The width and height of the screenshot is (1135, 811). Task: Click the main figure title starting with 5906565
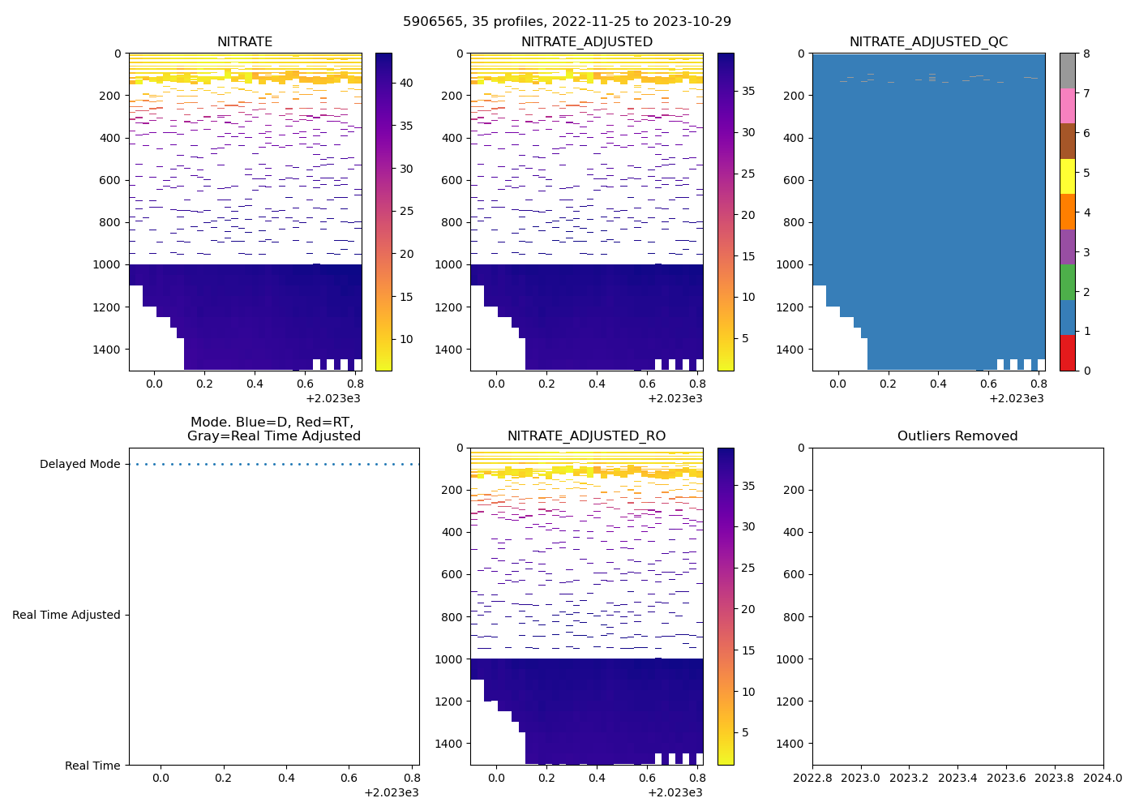click(567, 22)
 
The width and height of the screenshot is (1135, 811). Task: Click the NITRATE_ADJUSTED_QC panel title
click(928, 42)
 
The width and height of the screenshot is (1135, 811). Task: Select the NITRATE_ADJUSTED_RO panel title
click(586, 436)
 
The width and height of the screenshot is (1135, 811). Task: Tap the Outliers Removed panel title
click(957, 436)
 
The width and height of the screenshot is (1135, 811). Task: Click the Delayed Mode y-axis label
click(79, 465)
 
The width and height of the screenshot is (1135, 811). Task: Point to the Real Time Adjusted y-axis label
click(66, 615)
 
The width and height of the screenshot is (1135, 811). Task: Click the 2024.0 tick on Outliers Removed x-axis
click(1103, 778)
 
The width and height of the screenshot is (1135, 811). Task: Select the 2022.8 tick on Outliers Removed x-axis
click(812, 778)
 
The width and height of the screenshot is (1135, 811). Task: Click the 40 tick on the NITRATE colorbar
click(406, 83)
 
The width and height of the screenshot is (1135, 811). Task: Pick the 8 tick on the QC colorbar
click(1086, 54)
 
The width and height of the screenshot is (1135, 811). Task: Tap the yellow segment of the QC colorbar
click(1068, 176)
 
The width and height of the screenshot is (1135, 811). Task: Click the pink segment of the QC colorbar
click(1068, 105)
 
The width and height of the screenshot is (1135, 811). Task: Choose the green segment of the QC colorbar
click(1068, 281)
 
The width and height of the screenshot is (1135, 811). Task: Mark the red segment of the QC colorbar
click(1068, 353)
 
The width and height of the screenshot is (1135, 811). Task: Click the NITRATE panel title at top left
click(245, 42)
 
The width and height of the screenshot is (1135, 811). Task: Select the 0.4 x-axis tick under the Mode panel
click(286, 778)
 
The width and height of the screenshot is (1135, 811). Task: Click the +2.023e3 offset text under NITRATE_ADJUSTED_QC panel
click(1016, 398)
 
